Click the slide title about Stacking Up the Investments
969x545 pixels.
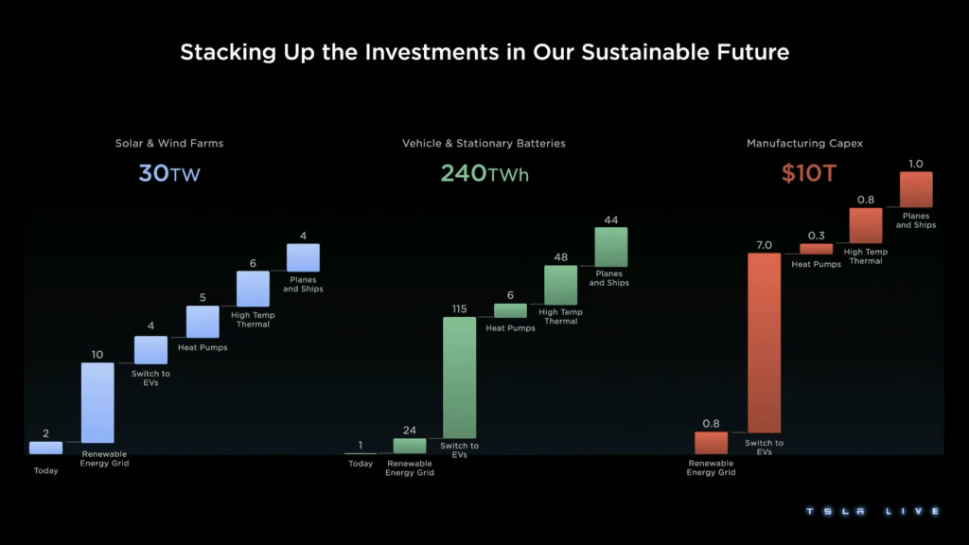click(x=484, y=52)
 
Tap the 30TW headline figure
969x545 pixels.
click(x=169, y=173)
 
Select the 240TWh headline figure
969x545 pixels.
click(x=484, y=173)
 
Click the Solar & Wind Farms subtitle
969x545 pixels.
click(x=169, y=144)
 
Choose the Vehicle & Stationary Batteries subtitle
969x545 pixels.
click(x=484, y=144)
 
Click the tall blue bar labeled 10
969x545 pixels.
click(x=97, y=402)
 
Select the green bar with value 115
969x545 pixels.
click(x=459, y=378)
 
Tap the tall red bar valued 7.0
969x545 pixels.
click(x=765, y=343)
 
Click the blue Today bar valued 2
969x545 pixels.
click(x=45, y=448)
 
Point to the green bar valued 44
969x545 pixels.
click(x=611, y=247)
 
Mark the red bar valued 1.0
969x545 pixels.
click(x=916, y=189)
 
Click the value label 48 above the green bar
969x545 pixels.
click(x=561, y=256)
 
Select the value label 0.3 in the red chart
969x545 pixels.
click(x=816, y=236)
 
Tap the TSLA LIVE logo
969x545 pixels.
click(x=872, y=512)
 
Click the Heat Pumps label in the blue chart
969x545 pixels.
click(x=203, y=347)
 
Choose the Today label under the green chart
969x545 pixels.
click(x=361, y=464)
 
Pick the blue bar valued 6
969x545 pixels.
click(x=253, y=289)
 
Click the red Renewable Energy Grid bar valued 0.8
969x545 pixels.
click(x=711, y=443)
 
